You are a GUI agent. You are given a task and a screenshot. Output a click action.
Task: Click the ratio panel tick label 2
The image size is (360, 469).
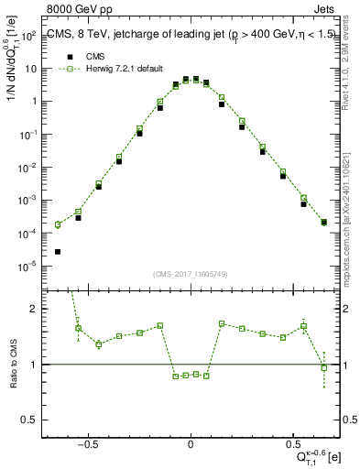tap(32, 309)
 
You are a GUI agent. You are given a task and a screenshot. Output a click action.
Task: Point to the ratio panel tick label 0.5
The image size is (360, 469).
tap(27, 420)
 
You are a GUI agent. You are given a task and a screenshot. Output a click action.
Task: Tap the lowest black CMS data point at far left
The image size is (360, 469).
tap(58, 251)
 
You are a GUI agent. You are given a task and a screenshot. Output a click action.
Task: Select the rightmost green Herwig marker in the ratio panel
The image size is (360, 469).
tap(324, 368)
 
